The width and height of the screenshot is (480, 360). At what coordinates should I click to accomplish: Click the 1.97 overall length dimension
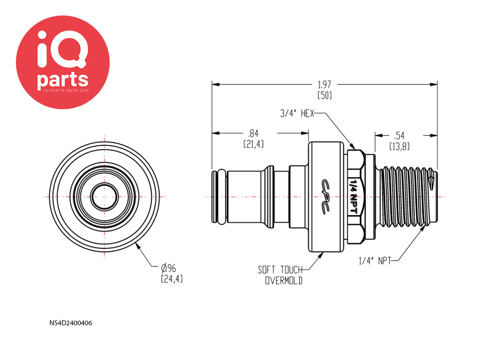point(324,84)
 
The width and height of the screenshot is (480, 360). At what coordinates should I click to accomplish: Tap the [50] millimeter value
point(324,95)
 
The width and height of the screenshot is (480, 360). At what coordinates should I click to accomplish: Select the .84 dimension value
point(253,134)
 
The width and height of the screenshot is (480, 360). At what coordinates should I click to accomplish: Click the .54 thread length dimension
point(399,135)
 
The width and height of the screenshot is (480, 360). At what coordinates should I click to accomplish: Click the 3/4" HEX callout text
point(297,113)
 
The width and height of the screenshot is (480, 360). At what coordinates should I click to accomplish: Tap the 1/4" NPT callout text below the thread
point(375,261)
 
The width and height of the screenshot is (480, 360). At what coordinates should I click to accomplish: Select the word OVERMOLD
point(284,280)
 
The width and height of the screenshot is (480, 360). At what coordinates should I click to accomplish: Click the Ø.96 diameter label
point(169,268)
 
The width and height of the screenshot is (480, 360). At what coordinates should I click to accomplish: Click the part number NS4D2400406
point(71,323)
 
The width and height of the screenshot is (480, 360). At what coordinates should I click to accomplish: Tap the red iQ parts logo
point(63,62)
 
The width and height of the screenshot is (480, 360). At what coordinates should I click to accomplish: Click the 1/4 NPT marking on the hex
point(353,196)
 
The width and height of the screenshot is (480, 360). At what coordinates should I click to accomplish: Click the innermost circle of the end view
point(105,184)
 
